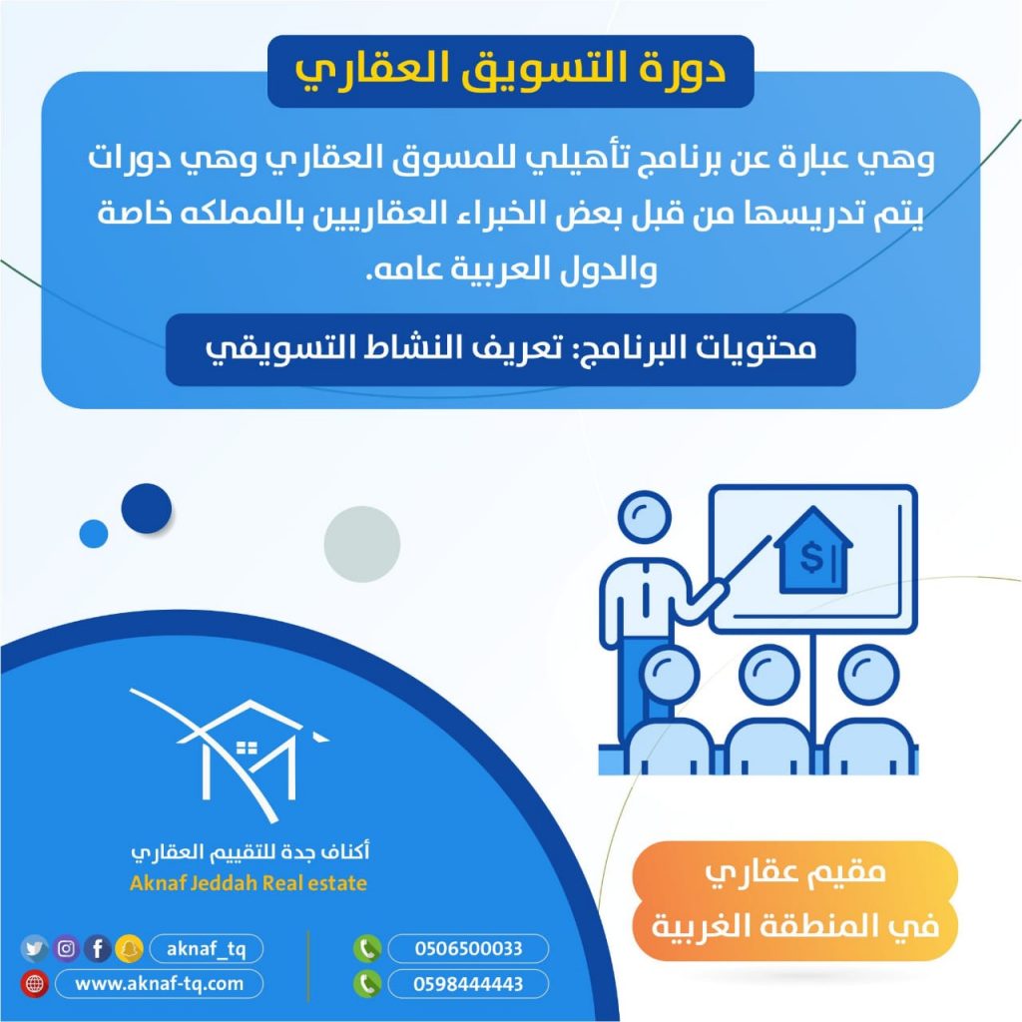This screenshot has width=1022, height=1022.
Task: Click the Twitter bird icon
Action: pyautogui.click(x=34, y=948)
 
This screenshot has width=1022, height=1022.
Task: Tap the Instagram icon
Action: pyautogui.click(x=66, y=948)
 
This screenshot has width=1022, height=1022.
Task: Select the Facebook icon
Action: pyautogui.click(x=98, y=948)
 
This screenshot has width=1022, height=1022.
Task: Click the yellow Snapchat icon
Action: pyautogui.click(x=129, y=948)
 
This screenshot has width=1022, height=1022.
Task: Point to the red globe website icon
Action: pyautogui.click(x=35, y=983)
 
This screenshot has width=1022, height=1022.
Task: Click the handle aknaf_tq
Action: pyautogui.click(x=206, y=948)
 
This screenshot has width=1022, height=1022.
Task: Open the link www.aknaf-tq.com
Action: pyautogui.click(x=159, y=983)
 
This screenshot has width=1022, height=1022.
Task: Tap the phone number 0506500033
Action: pyautogui.click(x=469, y=948)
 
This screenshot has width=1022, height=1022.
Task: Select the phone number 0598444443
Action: pyautogui.click(x=469, y=983)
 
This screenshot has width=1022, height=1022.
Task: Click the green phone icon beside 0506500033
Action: pyautogui.click(x=367, y=948)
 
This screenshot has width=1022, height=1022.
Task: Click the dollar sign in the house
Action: pyautogui.click(x=810, y=557)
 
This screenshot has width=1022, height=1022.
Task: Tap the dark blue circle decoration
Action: pyautogui.click(x=147, y=508)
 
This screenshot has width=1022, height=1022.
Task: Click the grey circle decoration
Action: pyautogui.click(x=362, y=544)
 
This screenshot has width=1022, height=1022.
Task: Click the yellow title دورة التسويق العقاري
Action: pyautogui.click(x=510, y=71)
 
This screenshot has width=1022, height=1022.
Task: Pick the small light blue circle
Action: pyautogui.click(x=94, y=534)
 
